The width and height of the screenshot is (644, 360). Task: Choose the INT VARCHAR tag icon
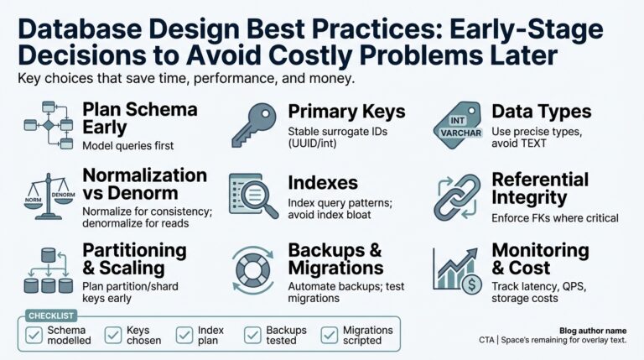pos(458,125)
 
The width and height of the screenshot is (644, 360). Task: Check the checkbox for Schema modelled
pos(34,336)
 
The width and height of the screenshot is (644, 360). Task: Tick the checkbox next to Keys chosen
pos(113,336)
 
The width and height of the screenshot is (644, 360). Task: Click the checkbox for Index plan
pos(184,336)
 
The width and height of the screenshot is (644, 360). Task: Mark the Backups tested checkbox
pos(252,336)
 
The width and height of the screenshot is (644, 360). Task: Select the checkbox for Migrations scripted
pos(328,336)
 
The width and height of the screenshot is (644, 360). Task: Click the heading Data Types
pos(541,112)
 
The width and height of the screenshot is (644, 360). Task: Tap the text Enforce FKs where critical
pos(554,218)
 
